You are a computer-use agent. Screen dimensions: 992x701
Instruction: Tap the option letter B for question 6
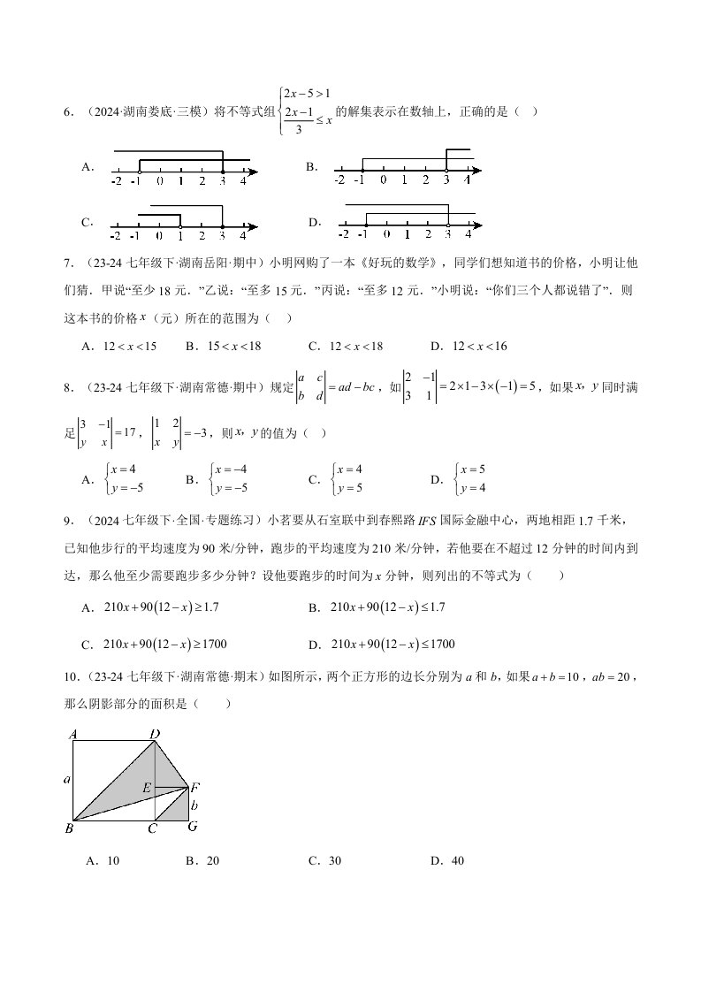[x=311, y=166]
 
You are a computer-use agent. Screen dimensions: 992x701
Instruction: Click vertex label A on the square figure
[x=72, y=734]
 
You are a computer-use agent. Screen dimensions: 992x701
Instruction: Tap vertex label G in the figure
[x=192, y=827]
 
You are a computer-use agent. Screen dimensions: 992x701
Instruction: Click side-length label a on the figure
[x=67, y=780]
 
